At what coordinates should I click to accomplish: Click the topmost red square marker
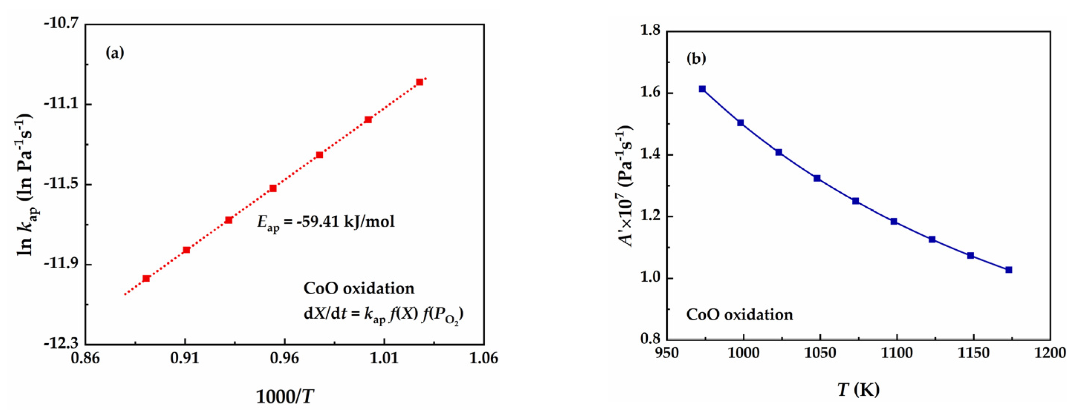pyautogui.click(x=419, y=82)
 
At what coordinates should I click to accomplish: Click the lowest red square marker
pyautogui.click(x=146, y=278)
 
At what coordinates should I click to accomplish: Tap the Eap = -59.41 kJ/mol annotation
pyautogui.click(x=325, y=222)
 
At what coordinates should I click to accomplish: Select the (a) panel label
pyautogui.click(x=115, y=53)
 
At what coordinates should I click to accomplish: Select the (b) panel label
pyautogui.click(x=696, y=59)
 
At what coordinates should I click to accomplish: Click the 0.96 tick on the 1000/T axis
pyautogui.click(x=285, y=359)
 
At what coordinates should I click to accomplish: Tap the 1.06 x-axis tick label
pyautogui.click(x=484, y=359)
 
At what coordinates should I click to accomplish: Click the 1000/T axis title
pyautogui.click(x=285, y=396)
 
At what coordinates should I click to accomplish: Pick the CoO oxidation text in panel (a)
pyautogui.click(x=359, y=288)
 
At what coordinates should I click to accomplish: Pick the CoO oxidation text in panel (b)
pyautogui.click(x=739, y=314)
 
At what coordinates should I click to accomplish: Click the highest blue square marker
pyautogui.click(x=702, y=89)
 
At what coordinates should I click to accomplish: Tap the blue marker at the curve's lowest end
pyautogui.click(x=1008, y=270)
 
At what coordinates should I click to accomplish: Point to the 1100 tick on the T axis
pyautogui.click(x=896, y=353)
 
